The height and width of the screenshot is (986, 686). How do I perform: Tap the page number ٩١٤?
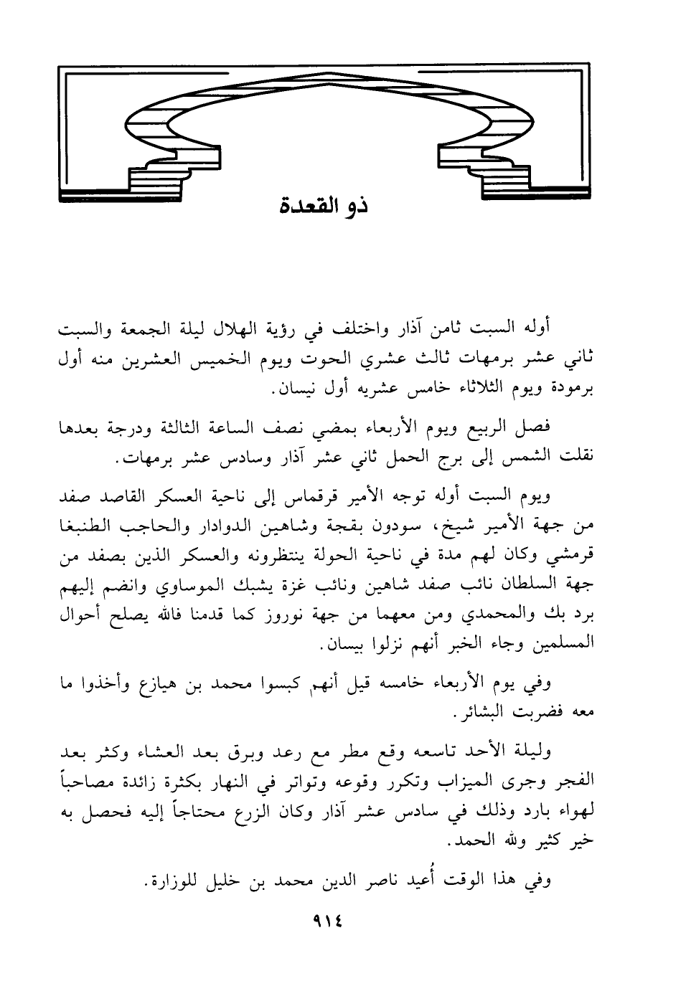[x=325, y=921]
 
